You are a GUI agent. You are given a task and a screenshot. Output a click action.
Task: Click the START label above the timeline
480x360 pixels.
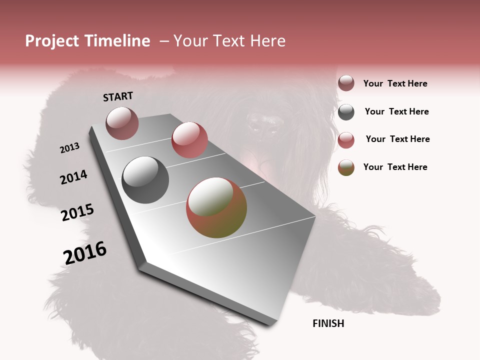(x=118, y=96)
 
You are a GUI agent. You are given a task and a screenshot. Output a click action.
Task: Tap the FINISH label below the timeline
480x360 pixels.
(x=328, y=323)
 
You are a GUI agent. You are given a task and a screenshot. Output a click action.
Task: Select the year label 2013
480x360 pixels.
(x=69, y=147)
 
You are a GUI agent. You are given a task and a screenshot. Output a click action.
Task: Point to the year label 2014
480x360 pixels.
(x=73, y=177)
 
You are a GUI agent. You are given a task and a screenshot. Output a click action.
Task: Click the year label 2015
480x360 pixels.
(x=77, y=212)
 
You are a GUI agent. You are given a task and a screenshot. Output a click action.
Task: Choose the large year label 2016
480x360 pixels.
(x=85, y=252)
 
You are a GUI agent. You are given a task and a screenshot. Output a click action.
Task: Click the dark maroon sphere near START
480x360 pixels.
(x=122, y=123)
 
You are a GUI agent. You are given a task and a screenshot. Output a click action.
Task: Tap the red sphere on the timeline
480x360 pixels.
(x=189, y=140)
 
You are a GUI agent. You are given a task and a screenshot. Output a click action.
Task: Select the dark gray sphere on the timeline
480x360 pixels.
(x=145, y=180)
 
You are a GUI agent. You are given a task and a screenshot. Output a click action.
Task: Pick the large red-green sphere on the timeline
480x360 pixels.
(x=216, y=207)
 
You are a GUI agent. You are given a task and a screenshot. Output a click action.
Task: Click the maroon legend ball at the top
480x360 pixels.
(x=346, y=83)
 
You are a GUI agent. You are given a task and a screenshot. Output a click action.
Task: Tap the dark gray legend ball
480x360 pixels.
(x=346, y=112)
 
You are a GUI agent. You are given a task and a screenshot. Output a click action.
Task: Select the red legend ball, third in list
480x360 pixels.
(x=346, y=140)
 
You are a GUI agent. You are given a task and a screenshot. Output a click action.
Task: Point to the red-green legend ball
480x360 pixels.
(x=346, y=167)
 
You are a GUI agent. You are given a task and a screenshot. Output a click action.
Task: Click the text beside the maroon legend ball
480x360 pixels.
(x=395, y=83)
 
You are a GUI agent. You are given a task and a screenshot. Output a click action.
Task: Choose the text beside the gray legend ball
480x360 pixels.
(x=396, y=111)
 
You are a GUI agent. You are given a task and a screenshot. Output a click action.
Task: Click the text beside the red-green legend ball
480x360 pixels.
(x=395, y=167)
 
